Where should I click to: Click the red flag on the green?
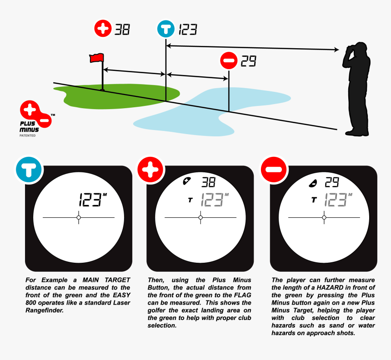[x=96, y=58]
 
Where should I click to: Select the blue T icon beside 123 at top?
[x=166, y=29]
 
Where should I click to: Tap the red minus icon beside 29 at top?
[x=228, y=60]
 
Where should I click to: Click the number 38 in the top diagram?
[x=122, y=30]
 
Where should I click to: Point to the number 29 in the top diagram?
[x=248, y=61]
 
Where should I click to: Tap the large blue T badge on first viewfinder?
[x=29, y=169]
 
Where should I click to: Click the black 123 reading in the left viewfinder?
[x=91, y=200]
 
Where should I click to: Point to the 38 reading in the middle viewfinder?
[x=208, y=182]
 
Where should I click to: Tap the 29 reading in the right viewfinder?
[x=331, y=182]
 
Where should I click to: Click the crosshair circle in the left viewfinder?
[x=79, y=218]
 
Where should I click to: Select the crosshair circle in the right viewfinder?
[x=324, y=218]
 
